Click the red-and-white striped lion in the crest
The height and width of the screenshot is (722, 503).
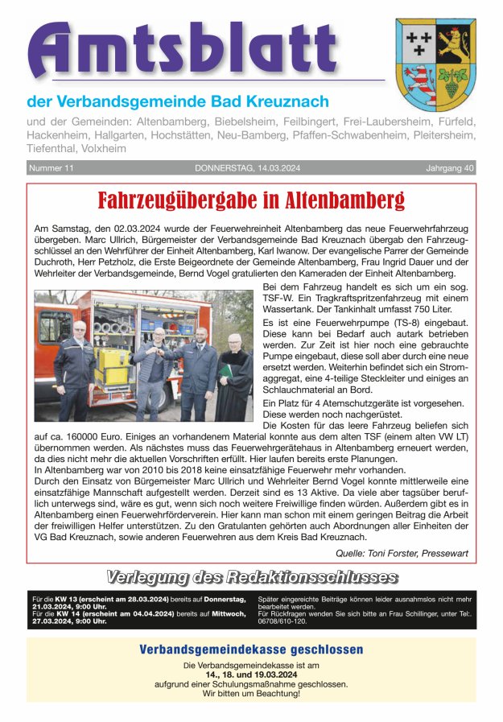click(x=418, y=78)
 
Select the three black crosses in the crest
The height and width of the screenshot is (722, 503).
click(x=418, y=41)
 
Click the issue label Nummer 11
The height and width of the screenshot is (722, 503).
click(x=52, y=168)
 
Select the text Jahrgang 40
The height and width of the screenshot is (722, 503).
click(x=450, y=168)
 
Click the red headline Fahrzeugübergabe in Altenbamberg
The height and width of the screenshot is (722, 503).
click(x=251, y=200)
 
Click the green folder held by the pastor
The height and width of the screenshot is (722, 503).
click(x=227, y=371)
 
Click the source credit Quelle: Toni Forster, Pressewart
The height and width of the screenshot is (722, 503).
click(x=402, y=552)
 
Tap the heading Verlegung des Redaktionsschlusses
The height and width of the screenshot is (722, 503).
click(x=251, y=577)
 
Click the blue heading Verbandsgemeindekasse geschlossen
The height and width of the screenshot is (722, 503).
click(x=251, y=650)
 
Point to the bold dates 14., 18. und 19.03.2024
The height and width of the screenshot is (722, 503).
click(x=251, y=675)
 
